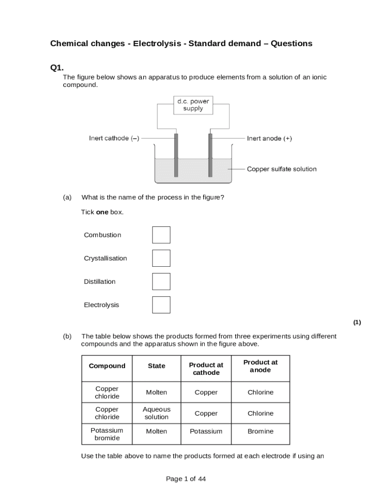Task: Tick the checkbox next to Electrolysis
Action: pyautogui.click(x=161, y=305)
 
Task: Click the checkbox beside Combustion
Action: pyautogui.click(x=161, y=235)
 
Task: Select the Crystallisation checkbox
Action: pyautogui.click(x=161, y=258)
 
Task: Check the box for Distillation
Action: pyautogui.click(x=161, y=281)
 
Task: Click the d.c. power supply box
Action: pyautogui.click(x=193, y=105)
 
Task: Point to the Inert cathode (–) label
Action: pyautogui.click(x=114, y=139)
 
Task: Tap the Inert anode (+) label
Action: pyautogui.click(x=269, y=139)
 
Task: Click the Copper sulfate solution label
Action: pyautogui.click(x=282, y=169)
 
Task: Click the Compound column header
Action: pyautogui.click(x=107, y=366)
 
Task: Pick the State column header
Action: pyautogui.click(x=157, y=366)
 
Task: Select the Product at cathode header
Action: pyautogui.click(x=206, y=368)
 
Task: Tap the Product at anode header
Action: pyautogui.click(x=260, y=366)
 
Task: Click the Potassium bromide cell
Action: pyautogui.click(x=107, y=434)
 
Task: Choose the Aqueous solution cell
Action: pyautogui.click(x=157, y=413)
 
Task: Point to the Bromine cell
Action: pyautogui.click(x=260, y=431)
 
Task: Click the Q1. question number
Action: pyautogui.click(x=57, y=67)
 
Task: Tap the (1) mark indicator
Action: pyautogui.click(x=357, y=322)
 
